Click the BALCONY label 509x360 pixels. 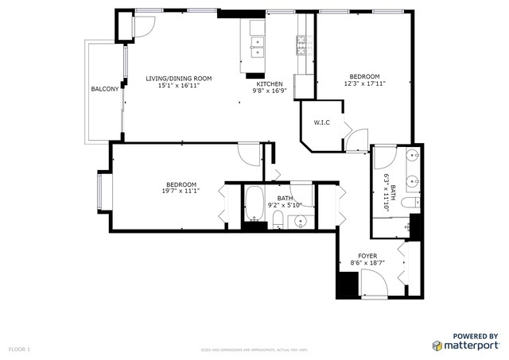click(x=104, y=89)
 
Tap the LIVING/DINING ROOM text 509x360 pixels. click(x=178, y=78)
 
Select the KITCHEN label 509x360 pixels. click(x=269, y=83)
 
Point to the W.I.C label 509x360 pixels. click(x=322, y=122)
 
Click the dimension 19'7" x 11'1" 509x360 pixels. click(x=180, y=191)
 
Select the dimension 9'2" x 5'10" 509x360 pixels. click(x=285, y=206)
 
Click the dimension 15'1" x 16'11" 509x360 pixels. click(x=178, y=85)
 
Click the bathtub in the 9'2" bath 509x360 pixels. click(x=254, y=204)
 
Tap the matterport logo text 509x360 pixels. click(x=472, y=346)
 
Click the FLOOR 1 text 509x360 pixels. click(x=19, y=349)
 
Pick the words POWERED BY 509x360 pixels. click(x=476, y=336)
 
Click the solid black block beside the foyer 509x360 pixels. click(x=348, y=285)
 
